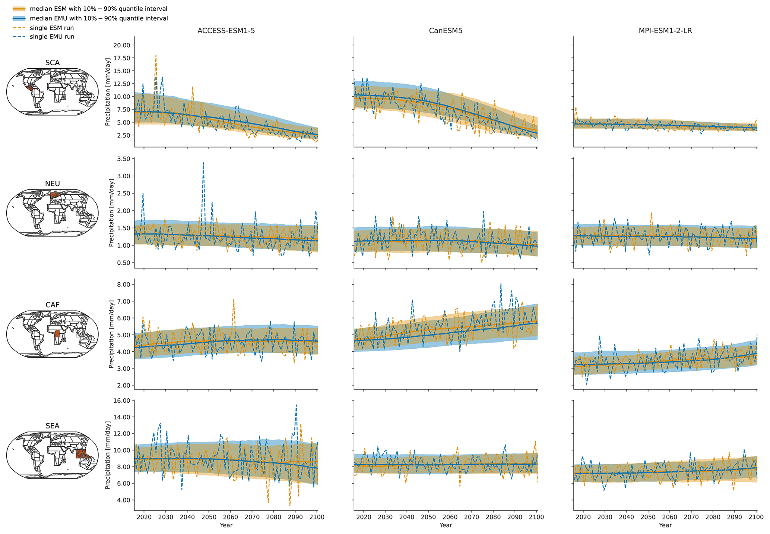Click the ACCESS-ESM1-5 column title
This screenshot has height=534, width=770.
226,31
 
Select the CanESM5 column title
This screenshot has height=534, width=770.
446,31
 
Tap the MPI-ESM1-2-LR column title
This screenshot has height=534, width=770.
665,31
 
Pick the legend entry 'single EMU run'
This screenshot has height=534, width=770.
52,37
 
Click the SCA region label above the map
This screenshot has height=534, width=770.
52,63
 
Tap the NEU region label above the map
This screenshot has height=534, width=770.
52,183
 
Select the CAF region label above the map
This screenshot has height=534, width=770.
52,305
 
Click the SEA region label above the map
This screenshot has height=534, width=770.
52,426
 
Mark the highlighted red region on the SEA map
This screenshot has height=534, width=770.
82,454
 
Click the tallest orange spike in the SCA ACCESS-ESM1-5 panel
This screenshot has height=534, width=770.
156,55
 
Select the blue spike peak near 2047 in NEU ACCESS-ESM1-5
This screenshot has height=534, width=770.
203,163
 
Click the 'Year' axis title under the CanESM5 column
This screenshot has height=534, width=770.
446,525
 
